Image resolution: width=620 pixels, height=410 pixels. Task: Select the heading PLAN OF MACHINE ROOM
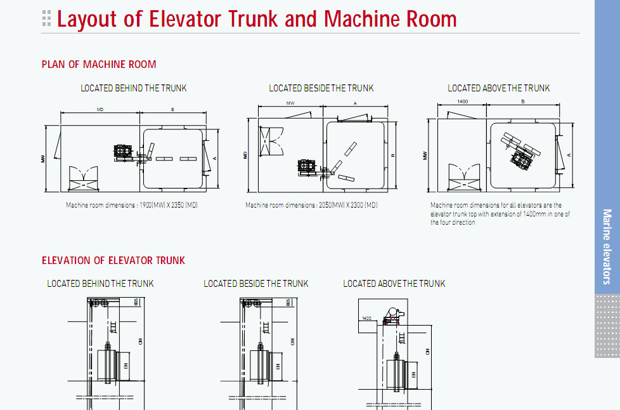99,64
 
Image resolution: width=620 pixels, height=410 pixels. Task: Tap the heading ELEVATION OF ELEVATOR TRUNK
113,260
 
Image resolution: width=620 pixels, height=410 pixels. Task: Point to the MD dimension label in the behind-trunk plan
100,110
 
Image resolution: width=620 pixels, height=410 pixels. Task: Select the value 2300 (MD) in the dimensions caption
363,205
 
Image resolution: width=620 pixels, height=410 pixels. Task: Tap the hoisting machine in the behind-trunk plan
122,153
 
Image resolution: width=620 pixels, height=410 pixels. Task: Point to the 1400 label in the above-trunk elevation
366,318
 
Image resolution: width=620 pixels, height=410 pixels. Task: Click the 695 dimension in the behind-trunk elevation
136,303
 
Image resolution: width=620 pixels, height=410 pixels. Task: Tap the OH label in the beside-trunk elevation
293,341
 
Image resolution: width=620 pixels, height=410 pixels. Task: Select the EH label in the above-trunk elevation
413,374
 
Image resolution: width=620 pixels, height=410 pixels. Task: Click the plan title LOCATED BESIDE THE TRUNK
321,88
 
